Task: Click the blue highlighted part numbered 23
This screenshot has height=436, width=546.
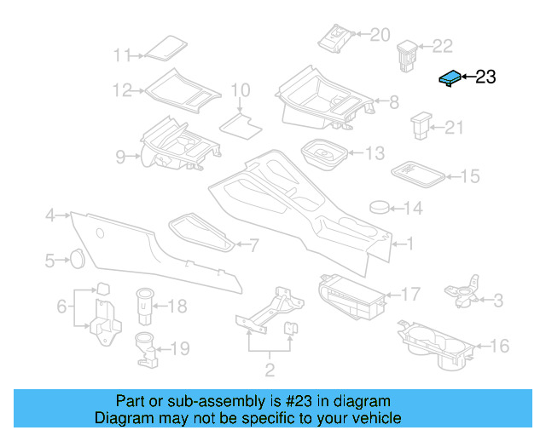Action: pos(450,78)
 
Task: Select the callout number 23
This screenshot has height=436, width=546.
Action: pos(485,77)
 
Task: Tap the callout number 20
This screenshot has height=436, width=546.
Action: pos(379,35)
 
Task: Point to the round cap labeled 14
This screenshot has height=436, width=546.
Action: pos(380,206)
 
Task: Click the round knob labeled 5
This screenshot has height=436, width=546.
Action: pos(75,258)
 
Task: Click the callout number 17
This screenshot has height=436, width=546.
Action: pos(410,295)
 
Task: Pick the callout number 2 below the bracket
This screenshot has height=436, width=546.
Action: pos(270,370)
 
